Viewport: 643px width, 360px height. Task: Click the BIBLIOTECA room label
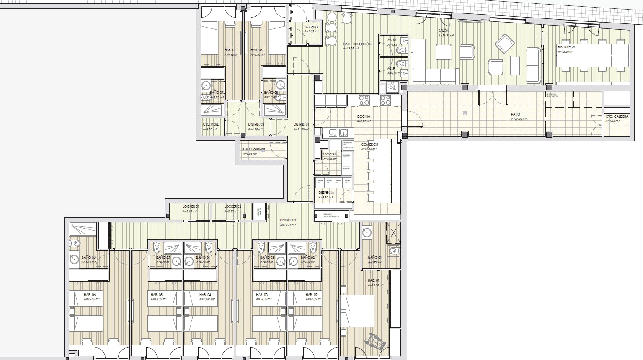(566, 47)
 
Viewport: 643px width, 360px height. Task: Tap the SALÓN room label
(444, 31)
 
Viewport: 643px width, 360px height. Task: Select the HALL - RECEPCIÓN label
(357, 44)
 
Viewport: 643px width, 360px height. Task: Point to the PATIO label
(516, 114)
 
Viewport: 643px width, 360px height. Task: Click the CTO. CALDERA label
(617, 116)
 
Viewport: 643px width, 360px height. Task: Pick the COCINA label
(363, 116)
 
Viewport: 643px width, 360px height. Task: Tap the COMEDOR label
(369, 144)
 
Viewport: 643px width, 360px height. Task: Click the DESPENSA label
(326, 193)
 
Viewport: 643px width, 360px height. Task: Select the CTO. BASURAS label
(254, 149)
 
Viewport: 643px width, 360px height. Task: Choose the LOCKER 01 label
(191, 206)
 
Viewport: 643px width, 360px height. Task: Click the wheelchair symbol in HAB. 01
(376, 342)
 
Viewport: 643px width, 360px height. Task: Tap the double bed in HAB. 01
(358, 311)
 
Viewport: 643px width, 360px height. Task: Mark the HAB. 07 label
(230, 50)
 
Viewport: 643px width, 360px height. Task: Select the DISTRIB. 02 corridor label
(288, 220)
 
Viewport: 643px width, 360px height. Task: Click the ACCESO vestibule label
(311, 27)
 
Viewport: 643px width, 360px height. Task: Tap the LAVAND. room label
(330, 154)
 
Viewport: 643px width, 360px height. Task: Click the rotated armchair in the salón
(504, 44)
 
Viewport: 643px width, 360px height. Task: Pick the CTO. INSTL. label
(211, 124)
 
